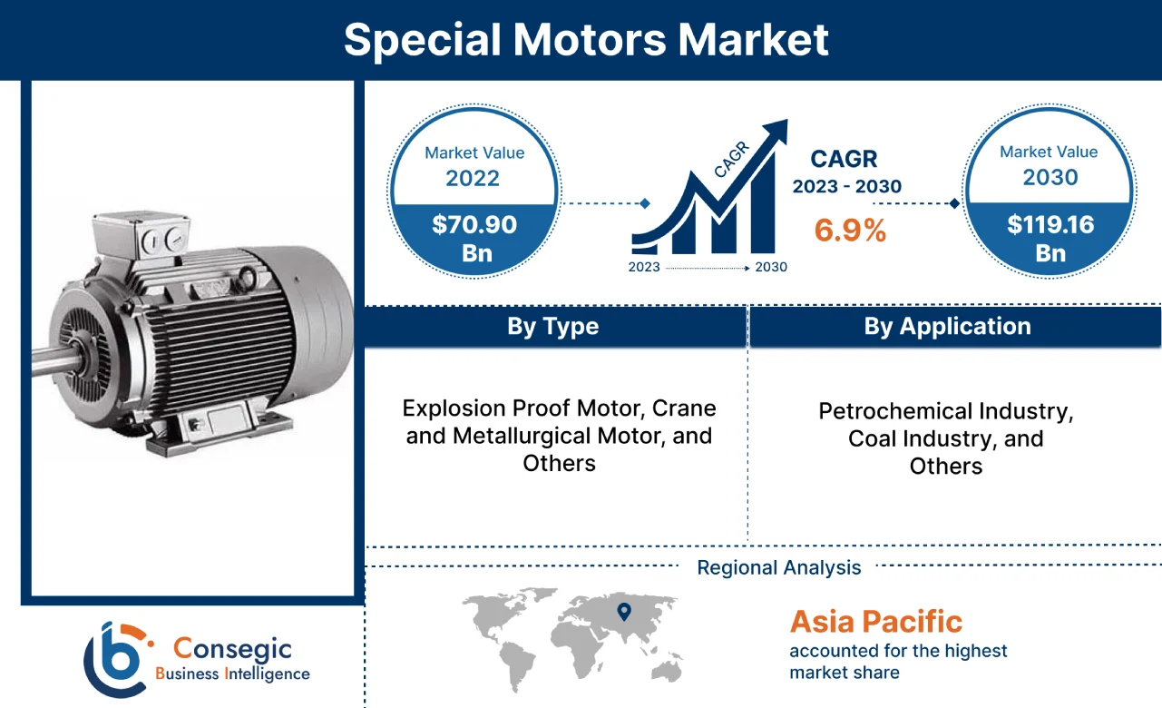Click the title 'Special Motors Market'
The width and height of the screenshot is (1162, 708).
[x=586, y=40]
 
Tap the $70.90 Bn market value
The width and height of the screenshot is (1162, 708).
[x=474, y=238]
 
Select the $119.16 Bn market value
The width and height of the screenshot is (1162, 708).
[x=1050, y=238]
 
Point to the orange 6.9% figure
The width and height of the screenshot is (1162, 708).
[x=850, y=231]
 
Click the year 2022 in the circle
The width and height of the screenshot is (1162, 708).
[x=473, y=178]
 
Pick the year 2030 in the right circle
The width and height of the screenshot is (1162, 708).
[x=1050, y=177]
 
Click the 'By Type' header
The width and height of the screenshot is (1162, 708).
[x=553, y=327]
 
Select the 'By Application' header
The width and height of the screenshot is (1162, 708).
[x=947, y=327]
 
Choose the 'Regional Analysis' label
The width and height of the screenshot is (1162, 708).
[x=779, y=568]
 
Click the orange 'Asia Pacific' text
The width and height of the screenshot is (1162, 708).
[x=875, y=622]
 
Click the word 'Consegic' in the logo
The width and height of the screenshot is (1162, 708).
[x=233, y=649]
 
